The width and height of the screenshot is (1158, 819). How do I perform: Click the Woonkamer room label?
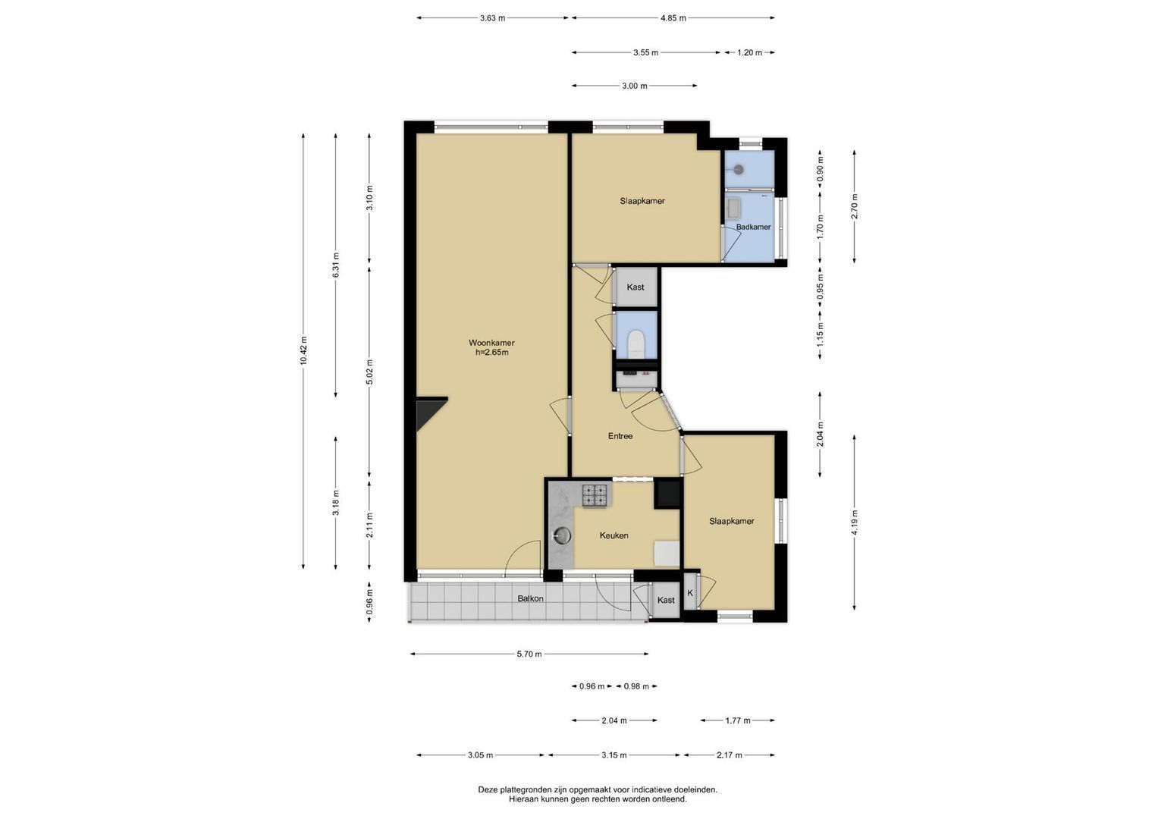[491, 342]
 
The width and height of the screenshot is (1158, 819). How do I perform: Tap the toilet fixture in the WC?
[635, 344]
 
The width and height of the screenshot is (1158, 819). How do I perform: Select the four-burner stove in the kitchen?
[595, 495]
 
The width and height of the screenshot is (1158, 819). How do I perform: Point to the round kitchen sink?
[561, 536]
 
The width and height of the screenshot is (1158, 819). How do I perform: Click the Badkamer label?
[753, 227]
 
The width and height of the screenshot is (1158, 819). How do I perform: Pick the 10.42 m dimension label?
[303, 350]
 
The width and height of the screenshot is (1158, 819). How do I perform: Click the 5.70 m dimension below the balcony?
[529, 654]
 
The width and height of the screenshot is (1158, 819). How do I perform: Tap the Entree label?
[620, 436]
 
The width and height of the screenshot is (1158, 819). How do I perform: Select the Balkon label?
[530, 598]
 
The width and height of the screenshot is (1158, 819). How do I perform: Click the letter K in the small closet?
[689, 593]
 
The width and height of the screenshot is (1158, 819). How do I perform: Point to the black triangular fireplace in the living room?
[428, 412]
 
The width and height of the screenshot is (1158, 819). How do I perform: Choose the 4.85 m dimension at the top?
[673, 18]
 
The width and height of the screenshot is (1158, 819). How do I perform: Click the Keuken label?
[614, 535]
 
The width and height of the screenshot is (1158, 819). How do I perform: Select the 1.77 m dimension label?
[738, 720]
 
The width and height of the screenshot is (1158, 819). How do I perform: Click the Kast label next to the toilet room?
[635, 287]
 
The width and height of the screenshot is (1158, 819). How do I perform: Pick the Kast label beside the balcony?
[666, 600]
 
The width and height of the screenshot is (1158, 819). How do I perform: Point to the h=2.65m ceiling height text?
[492, 353]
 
